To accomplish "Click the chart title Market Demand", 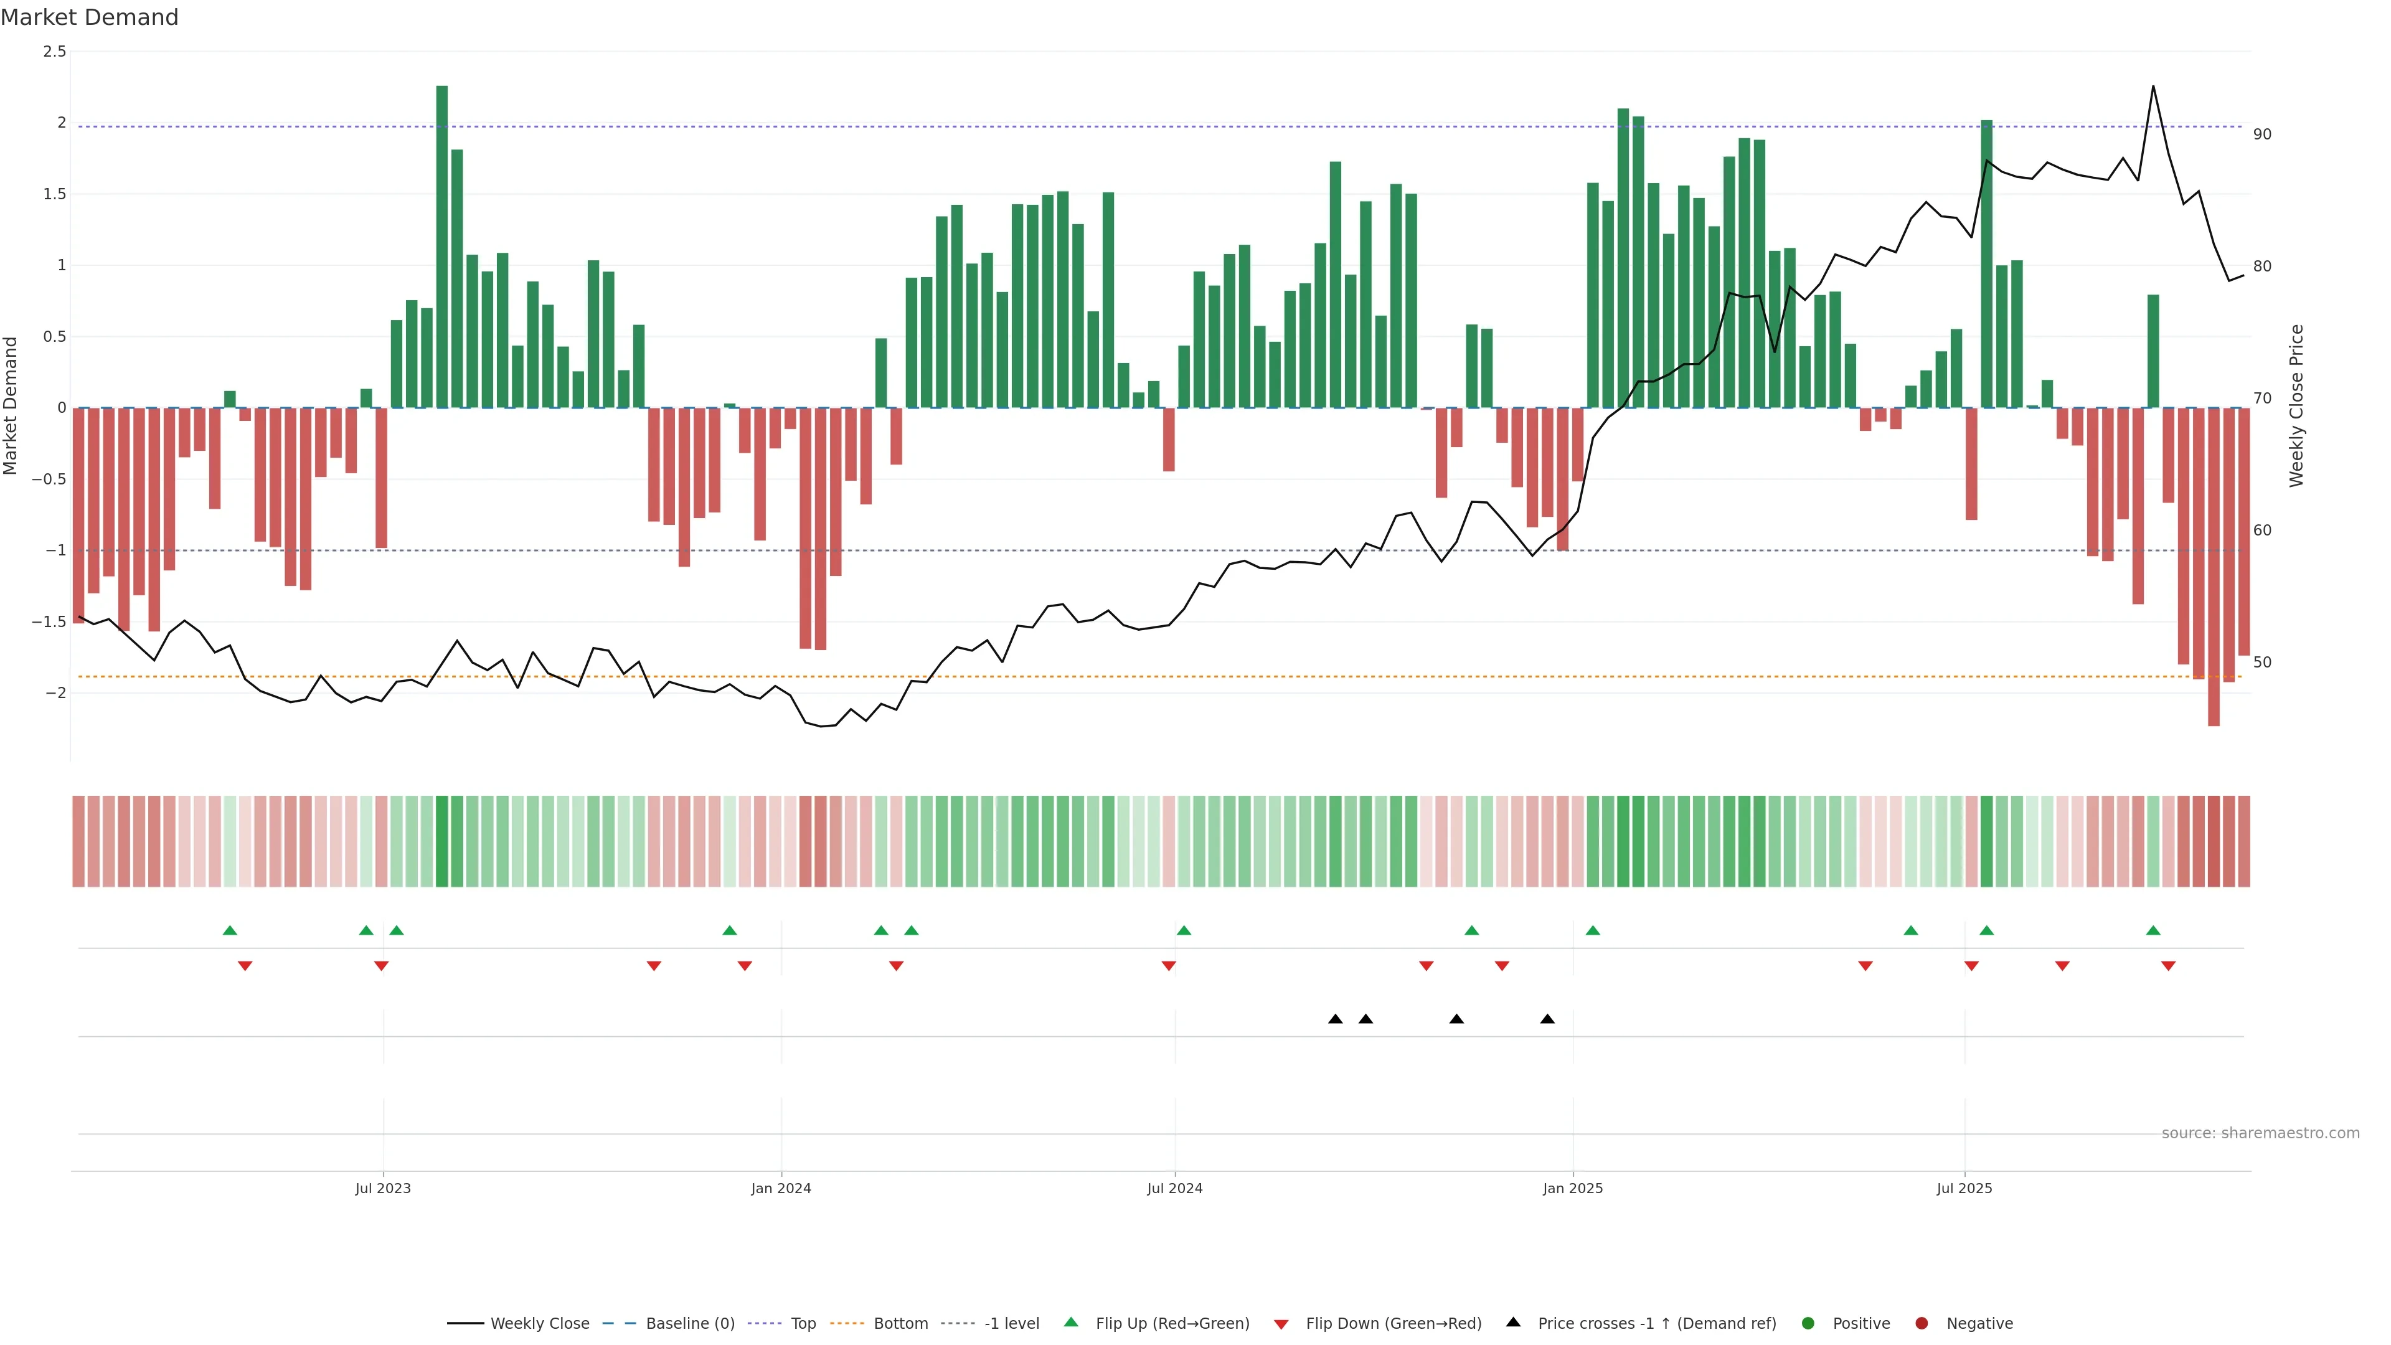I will [x=89, y=17].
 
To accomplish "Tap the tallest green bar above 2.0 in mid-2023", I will [x=442, y=246].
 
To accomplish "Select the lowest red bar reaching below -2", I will [x=2214, y=566].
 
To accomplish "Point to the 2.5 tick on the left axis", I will [x=55, y=52].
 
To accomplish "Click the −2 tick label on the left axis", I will [x=55, y=692].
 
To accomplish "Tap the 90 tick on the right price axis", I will [x=2262, y=134].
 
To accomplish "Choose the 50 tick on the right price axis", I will [x=2262, y=663].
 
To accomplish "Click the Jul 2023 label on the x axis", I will [x=382, y=1188].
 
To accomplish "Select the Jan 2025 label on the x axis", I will [x=1572, y=1188].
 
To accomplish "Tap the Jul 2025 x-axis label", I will [x=1964, y=1188].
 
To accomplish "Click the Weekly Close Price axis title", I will [x=2296, y=405].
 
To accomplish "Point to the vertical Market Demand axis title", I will [x=11, y=405].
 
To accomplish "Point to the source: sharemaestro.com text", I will [x=2260, y=1133].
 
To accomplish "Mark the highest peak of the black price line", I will [x=2153, y=87].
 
